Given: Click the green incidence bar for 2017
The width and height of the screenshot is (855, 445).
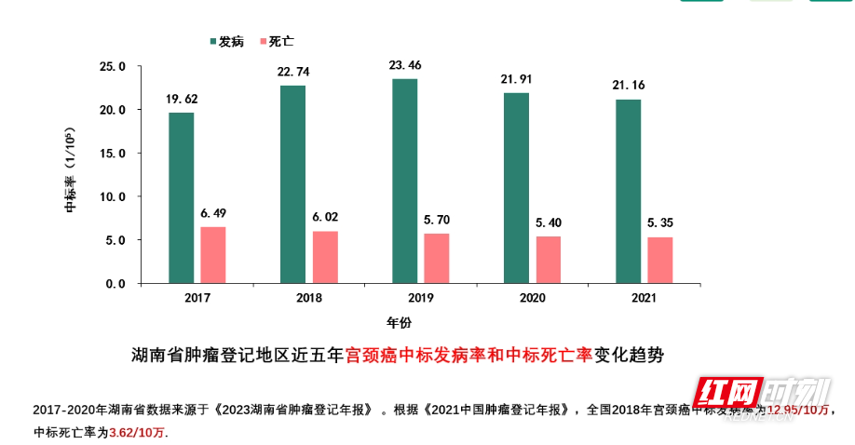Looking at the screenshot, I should click(x=181, y=197).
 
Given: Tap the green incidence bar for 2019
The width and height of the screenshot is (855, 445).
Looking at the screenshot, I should click(x=404, y=181).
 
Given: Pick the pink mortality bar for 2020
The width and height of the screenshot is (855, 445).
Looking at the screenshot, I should click(x=549, y=260).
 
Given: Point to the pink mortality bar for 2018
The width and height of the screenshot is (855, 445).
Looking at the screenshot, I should click(x=325, y=257).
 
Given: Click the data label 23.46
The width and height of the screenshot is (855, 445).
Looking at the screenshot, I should click(x=405, y=65).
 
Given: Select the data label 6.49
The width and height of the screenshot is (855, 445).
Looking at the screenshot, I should click(x=213, y=213).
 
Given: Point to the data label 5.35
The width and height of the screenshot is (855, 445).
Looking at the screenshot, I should click(x=660, y=223).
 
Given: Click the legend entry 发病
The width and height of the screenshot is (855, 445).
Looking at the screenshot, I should click(x=225, y=42).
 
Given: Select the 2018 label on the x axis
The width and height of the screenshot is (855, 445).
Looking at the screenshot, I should click(x=308, y=298).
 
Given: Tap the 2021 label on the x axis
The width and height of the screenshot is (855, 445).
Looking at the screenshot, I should click(x=644, y=298).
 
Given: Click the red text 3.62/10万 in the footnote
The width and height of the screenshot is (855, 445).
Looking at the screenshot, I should click(x=139, y=433).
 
